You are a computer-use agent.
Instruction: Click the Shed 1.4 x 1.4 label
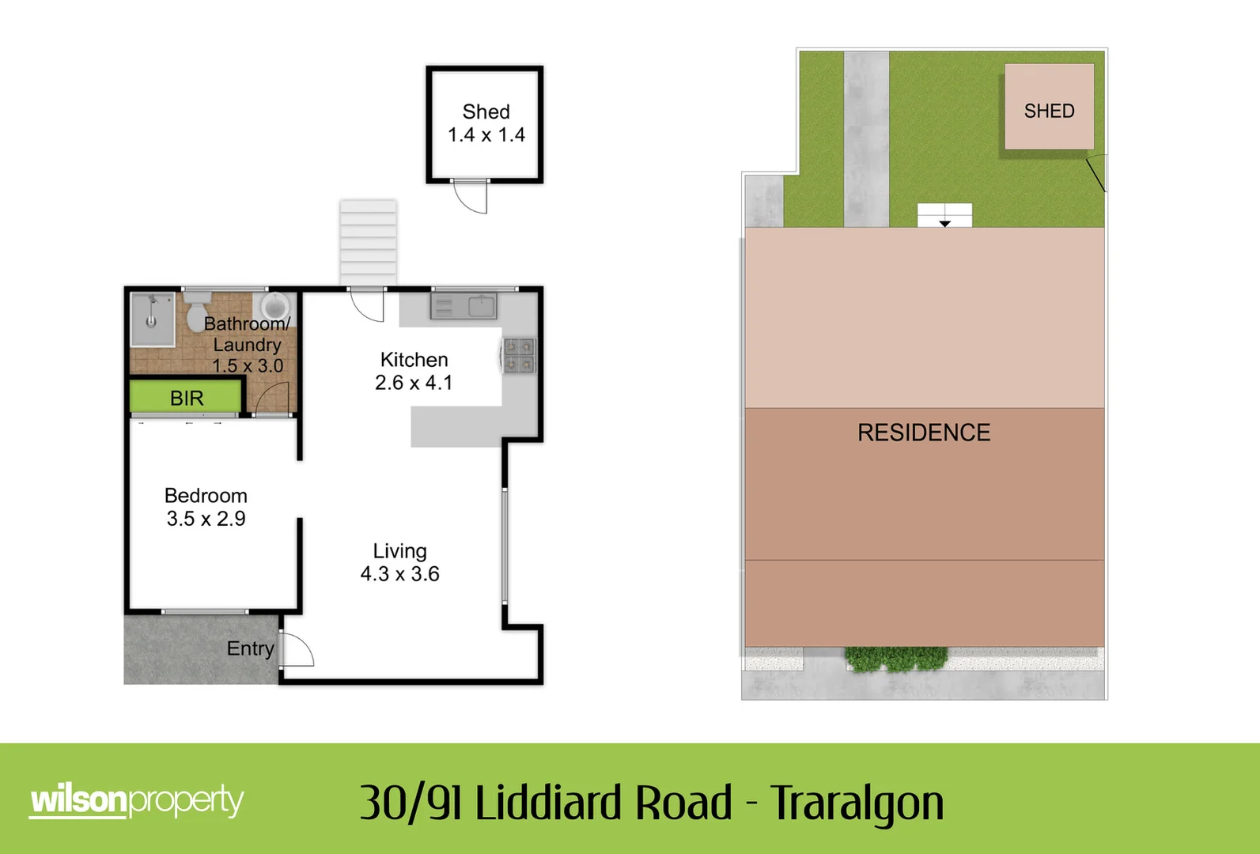click(486, 123)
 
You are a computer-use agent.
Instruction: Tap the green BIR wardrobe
click(186, 397)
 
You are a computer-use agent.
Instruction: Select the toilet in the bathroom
click(196, 312)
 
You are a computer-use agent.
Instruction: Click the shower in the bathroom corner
click(152, 319)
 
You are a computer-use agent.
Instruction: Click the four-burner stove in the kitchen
click(520, 355)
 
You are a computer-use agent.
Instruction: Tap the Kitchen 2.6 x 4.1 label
click(414, 371)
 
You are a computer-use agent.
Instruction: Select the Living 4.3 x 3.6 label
click(399, 562)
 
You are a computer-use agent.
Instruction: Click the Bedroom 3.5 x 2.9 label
click(206, 507)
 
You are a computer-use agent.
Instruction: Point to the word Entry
click(250, 648)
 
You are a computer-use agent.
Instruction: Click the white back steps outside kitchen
click(368, 242)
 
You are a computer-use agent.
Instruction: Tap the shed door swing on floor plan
click(471, 197)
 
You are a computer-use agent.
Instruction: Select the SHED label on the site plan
click(1049, 111)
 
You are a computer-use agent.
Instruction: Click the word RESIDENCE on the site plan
click(924, 433)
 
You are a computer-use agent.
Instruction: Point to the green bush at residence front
click(896, 659)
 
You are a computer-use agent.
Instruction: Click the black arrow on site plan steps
click(944, 224)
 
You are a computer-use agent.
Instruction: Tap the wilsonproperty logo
click(136, 801)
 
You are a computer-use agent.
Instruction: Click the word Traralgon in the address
click(857, 803)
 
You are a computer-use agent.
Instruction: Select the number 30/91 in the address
click(410, 803)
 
